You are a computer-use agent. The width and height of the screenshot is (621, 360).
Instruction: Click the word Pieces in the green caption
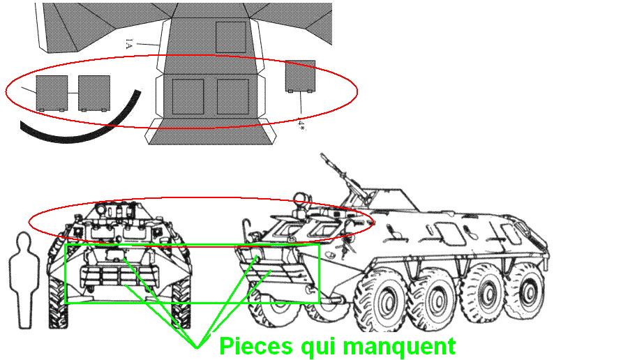click(x=255, y=346)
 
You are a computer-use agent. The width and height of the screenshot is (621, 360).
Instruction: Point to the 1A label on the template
click(x=128, y=43)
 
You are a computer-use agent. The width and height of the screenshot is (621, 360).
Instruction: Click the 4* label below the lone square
click(x=301, y=126)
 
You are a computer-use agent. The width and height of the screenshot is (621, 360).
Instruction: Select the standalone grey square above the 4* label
click(x=300, y=76)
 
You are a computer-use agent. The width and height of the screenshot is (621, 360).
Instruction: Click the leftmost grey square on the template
click(x=52, y=93)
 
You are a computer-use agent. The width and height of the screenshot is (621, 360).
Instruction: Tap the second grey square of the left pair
click(x=94, y=93)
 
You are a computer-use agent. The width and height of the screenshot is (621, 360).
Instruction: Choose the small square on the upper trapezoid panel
click(x=231, y=37)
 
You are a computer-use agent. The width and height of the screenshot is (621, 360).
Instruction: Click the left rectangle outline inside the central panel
click(x=188, y=96)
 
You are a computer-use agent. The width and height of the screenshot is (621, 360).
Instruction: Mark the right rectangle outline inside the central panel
click(x=233, y=96)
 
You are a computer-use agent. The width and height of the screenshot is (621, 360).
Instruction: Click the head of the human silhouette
click(x=24, y=243)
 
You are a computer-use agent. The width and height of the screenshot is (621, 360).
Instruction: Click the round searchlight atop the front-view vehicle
click(x=102, y=207)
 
